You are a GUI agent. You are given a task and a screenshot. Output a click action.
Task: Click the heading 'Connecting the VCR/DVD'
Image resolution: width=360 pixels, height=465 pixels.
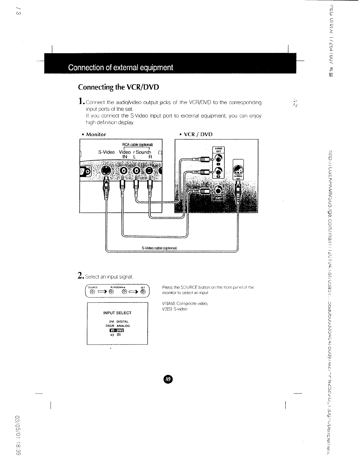pyautogui.click(x=118, y=87)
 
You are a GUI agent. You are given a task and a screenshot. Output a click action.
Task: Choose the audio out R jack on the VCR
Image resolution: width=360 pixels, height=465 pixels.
pyautogui.click(x=218, y=171)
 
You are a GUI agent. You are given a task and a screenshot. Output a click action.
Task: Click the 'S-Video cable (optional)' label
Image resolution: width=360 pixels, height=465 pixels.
pyautogui.click(x=159, y=248)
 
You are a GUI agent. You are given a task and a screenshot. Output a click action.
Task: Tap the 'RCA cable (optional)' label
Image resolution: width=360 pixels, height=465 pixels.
pyautogui.click(x=138, y=145)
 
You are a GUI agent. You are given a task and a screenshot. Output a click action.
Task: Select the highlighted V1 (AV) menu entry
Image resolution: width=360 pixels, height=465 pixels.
pyautogui.click(x=117, y=330)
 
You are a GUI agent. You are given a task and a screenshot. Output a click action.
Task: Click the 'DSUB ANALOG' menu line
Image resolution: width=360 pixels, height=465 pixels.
pyautogui.click(x=117, y=326)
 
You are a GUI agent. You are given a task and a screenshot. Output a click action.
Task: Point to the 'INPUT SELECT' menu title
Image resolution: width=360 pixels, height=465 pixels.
pyautogui.click(x=117, y=313)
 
